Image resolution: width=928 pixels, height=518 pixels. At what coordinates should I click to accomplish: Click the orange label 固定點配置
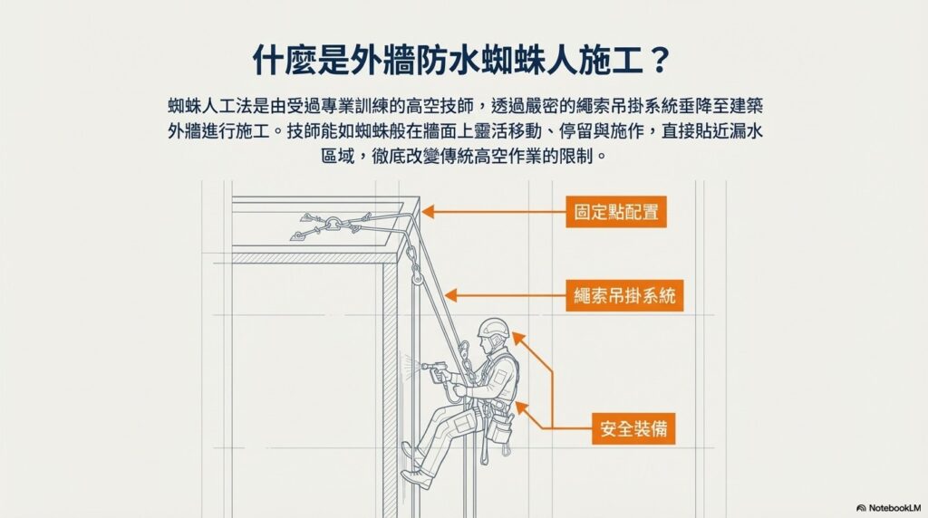(x=616, y=212)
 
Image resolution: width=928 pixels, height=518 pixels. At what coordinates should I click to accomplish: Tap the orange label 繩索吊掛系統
(x=624, y=295)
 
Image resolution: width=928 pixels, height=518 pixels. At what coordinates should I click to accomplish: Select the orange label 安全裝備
(x=633, y=428)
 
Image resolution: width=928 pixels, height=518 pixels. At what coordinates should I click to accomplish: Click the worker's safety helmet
(x=493, y=328)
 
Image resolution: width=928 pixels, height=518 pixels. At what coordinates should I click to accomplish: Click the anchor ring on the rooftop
(x=333, y=224)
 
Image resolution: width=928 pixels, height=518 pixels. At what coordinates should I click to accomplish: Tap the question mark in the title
(x=660, y=60)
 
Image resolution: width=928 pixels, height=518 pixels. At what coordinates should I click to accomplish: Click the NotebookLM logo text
(x=889, y=507)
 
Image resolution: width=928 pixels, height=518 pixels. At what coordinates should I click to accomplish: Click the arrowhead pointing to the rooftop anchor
(x=428, y=212)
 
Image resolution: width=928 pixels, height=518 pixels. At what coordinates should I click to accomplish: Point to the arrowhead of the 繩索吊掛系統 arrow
(x=450, y=295)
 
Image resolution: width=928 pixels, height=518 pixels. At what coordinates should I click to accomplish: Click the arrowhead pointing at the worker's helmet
(x=518, y=338)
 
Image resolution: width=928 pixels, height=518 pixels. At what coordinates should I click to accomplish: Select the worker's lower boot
(x=417, y=478)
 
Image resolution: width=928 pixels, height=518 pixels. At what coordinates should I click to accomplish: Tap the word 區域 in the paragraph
(x=337, y=156)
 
